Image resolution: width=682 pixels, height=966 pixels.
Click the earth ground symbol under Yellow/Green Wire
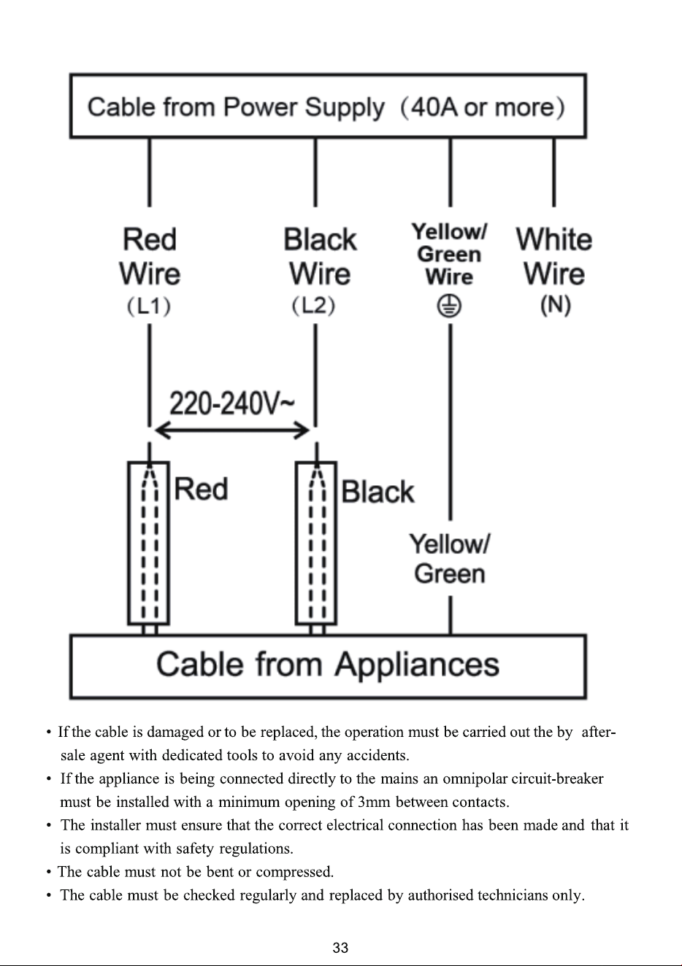point(449,306)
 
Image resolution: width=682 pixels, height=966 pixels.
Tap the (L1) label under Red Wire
point(150,306)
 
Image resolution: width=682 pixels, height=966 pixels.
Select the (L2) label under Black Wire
point(314,306)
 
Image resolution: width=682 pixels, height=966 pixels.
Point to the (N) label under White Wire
point(556,305)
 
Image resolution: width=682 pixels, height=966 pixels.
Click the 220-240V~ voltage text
point(232,403)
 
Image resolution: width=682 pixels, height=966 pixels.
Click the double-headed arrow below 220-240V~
point(232,430)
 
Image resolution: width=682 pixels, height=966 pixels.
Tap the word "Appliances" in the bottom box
point(417,665)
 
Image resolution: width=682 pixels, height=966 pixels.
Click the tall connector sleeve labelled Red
point(148,543)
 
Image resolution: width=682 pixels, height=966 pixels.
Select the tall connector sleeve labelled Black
point(316,543)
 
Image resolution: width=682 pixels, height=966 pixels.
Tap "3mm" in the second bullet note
point(374,802)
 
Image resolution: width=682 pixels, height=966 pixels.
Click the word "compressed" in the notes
point(294,873)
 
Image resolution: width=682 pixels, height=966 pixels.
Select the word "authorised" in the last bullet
point(440,895)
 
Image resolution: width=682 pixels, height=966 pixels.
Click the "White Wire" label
point(554,257)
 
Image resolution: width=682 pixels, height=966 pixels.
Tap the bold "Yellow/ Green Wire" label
point(449,255)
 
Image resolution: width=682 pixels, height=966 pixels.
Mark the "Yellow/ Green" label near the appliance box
point(449,558)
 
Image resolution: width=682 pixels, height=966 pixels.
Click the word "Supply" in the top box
point(345,108)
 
